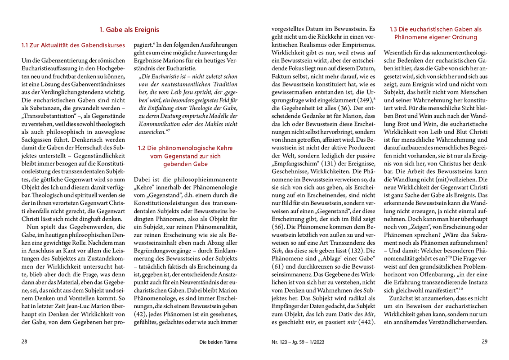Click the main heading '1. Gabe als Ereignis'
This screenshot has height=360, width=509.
(129, 30)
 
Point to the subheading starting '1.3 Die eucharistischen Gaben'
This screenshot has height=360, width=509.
(435, 33)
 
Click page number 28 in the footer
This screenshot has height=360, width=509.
(25, 342)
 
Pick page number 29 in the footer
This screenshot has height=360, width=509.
(484, 342)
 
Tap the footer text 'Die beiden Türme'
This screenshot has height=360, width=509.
(218, 342)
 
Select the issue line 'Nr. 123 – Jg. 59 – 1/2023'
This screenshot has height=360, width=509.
(297, 342)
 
